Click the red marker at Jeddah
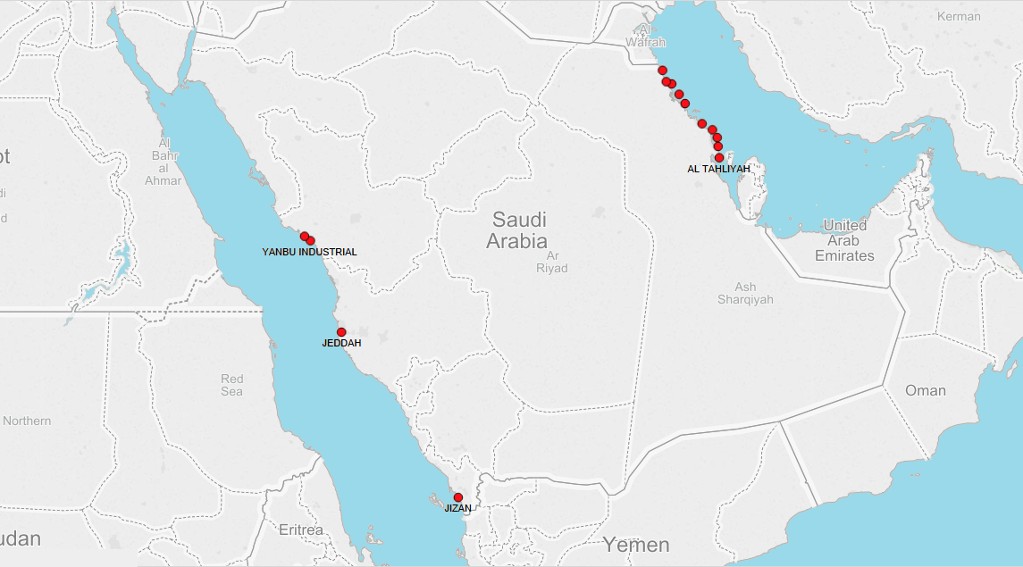click(x=341, y=332)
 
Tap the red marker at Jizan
click(x=458, y=497)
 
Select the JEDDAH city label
click(x=341, y=344)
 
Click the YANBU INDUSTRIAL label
click(x=309, y=252)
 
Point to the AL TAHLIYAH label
click(x=718, y=169)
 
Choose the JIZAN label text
click(x=457, y=508)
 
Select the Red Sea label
click(x=231, y=385)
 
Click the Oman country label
click(x=925, y=390)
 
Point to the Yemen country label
click(x=635, y=545)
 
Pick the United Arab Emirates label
click(x=844, y=240)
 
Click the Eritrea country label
click(x=301, y=530)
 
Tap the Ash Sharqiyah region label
click(x=744, y=293)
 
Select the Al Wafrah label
click(x=645, y=36)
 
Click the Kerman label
click(x=959, y=16)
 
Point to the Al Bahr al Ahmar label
click(x=164, y=162)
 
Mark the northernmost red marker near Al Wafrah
click(x=662, y=70)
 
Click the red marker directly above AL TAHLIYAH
click(x=719, y=158)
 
